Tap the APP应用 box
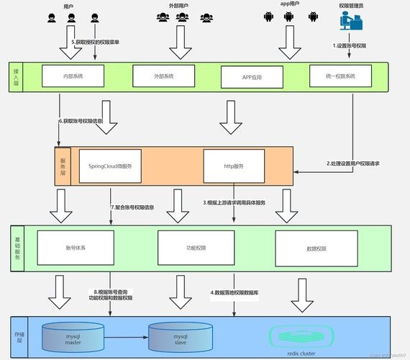[252, 76]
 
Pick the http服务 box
[234, 166]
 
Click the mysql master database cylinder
[73, 337]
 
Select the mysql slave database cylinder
[181, 337]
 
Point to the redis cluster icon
[301, 337]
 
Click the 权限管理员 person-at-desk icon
[352, 26]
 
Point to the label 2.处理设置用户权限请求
[352, 163]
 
